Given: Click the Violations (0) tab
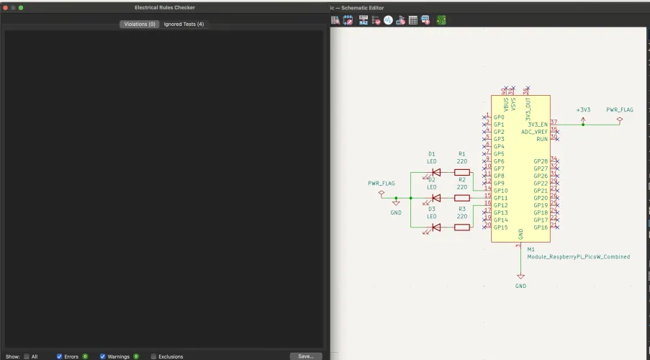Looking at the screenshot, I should tap(140, 24).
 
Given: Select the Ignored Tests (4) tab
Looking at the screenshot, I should tap(184, 24).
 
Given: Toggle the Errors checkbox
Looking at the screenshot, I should tap(60, 356).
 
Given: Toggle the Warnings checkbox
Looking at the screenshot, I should tap(103, 356).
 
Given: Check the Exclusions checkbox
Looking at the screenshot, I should tap(153, 356).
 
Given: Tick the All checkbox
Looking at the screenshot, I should tap(27, 356).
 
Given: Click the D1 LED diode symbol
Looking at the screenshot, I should tap(435, 173).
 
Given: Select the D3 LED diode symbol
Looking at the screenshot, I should tap(435, 228).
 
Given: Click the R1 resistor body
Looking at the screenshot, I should tap(462, 173).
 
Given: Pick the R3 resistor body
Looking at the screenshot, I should tap(462, 228).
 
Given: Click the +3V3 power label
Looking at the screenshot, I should tap(583, 110).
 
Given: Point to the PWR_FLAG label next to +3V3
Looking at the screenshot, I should tap(619, 110).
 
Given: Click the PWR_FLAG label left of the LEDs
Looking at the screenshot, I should tap(382, 184).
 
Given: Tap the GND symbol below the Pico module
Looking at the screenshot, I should tap(520, 277).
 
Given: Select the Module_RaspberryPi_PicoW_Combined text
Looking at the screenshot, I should tap(578, 257).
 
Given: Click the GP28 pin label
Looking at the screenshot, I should tap(541, 161).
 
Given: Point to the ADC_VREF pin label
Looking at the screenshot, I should tap(534, 132).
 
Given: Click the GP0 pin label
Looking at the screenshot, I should tap(499, 117).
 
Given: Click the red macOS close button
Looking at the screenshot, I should tap(5, 7).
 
